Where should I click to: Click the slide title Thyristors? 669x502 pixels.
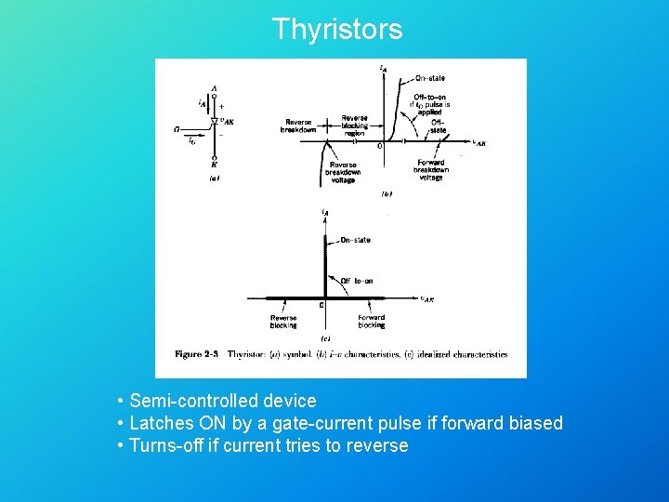337,29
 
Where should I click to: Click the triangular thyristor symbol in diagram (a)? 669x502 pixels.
214,121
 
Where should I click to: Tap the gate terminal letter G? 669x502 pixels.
176,130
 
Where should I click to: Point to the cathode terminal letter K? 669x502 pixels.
214,165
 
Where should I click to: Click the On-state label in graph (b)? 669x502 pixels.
428,78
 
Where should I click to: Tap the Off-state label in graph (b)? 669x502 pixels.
438,126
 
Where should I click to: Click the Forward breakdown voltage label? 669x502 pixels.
431,170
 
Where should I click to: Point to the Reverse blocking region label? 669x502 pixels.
354,125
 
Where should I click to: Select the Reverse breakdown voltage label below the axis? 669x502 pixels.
343,172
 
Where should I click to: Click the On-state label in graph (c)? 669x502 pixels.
354,240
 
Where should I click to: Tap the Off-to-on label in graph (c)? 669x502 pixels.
356,281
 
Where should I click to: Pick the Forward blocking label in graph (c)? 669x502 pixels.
371,321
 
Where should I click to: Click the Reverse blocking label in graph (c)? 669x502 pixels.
283,321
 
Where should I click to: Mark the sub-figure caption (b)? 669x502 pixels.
387,194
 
